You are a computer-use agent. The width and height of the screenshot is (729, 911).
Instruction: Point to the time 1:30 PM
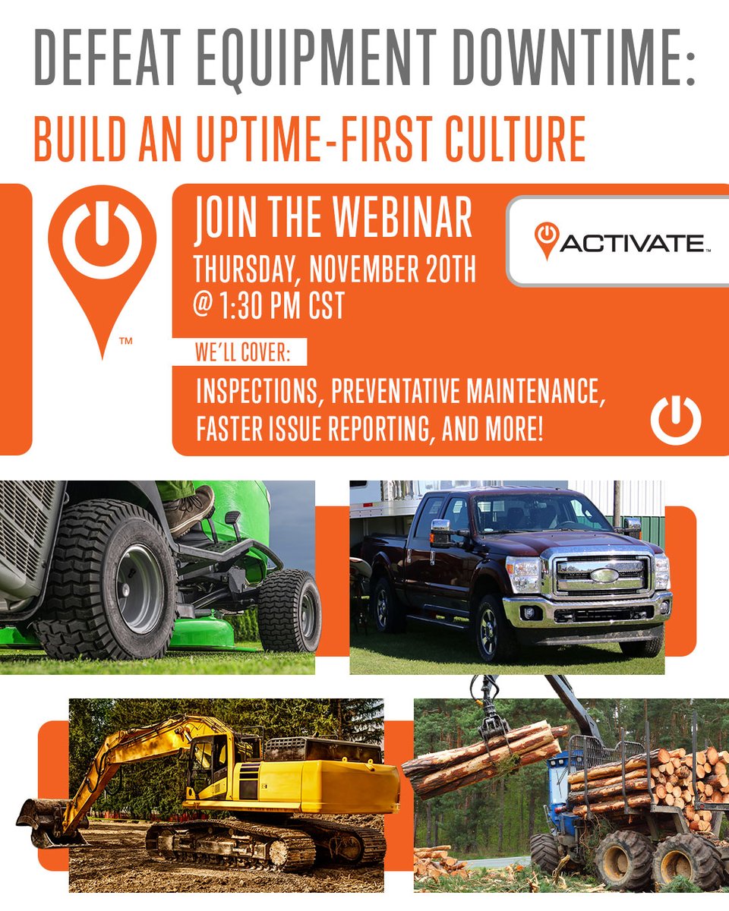pyautogui.click(x=267, y=305)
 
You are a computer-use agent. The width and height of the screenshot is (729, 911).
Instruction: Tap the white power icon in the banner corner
pyautogui.click(x=675, y=420)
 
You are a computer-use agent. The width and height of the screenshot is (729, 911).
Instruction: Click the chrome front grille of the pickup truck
pyautogui.click(x=604, y=575)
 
